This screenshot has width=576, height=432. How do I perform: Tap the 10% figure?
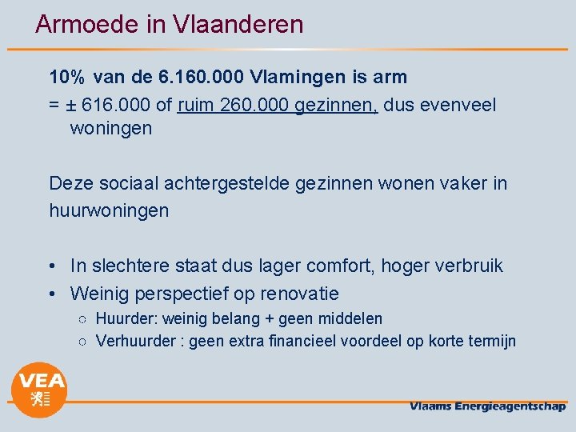point(66,77)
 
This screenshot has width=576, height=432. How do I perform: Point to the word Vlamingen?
point(298,77)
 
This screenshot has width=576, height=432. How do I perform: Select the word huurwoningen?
point(109,210)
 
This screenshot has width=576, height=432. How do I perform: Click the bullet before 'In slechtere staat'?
point(52,266)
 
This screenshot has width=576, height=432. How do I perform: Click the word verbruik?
point(467,266)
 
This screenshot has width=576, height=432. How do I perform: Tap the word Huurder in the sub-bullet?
point(124,319)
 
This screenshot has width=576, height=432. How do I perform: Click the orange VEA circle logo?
point(38,390)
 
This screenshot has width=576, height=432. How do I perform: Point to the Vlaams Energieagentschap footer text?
point(487,406)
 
